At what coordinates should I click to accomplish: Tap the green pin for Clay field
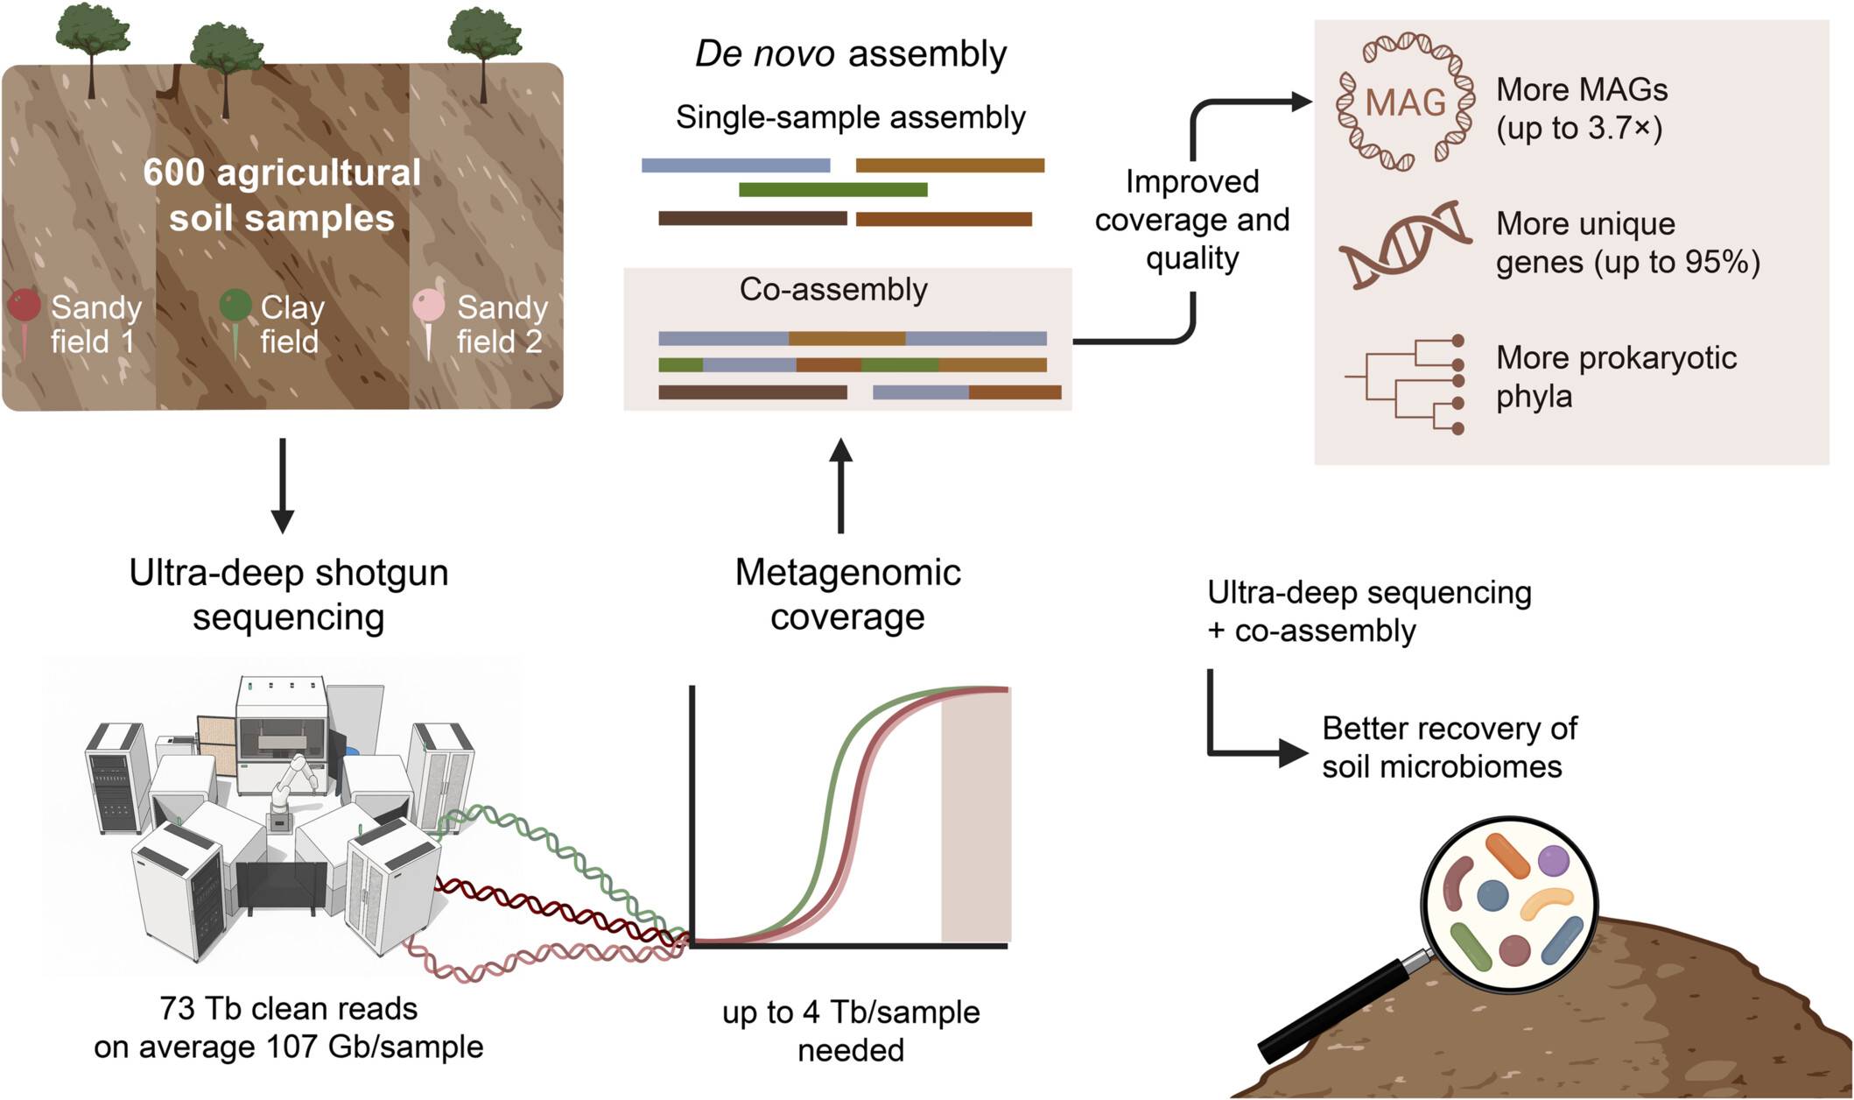coord(235,307)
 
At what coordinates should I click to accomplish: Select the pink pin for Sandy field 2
coord(428,307)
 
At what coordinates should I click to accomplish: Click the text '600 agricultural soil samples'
coord(282,195)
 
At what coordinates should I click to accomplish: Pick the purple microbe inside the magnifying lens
coord(1554,860)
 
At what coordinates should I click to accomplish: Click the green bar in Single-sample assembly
coord(832,190)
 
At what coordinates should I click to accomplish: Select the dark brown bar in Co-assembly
coord(752,392)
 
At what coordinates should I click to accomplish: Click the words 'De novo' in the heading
coord(764,54)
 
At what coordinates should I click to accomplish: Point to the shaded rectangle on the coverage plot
coord(975,814)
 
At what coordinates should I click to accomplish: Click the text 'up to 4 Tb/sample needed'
coord(851,1031)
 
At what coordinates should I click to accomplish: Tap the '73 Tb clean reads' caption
coord(289,1009)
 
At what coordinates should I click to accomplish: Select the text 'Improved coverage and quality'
coord(1192,220)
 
